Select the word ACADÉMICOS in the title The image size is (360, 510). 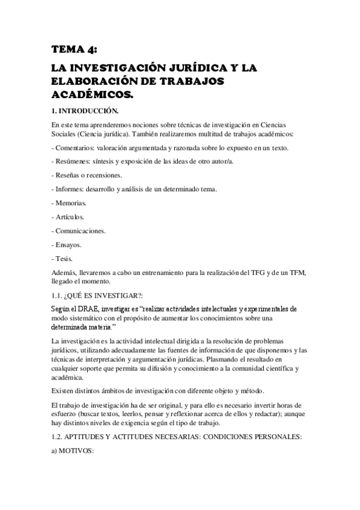[91, 95]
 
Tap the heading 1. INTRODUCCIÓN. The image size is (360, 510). [85, 111]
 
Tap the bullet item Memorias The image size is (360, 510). [71, 203]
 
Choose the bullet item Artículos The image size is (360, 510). [70, 217]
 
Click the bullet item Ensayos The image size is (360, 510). [69, 245]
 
